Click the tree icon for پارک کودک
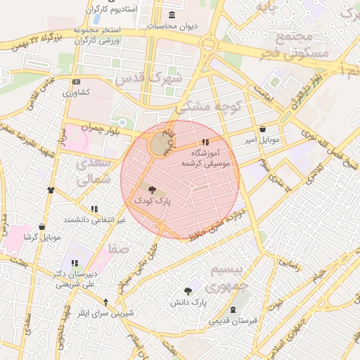point(153,188)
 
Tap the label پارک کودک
point(153,200)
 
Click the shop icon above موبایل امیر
point(263,129)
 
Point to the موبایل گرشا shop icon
point(41,227)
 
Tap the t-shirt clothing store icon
point(51,190)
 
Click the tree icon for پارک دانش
point(188,290)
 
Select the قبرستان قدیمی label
point(233,320)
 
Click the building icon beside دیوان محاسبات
point(172,15)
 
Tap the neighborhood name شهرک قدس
point(152,77)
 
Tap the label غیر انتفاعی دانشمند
point(94,219)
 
